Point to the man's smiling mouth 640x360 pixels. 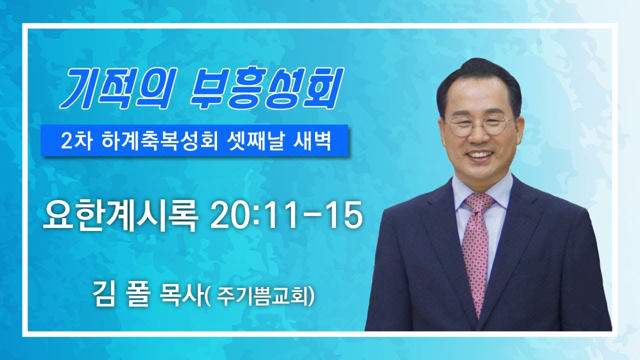pyautogui.click(x=479, y=154)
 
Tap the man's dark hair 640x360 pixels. pyautogui.click(x=479, y=77)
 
